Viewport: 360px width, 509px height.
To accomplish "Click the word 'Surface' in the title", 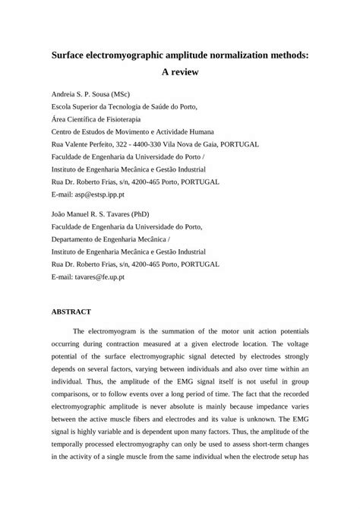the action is point(71,55).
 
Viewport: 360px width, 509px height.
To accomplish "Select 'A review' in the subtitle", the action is point(180,74).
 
